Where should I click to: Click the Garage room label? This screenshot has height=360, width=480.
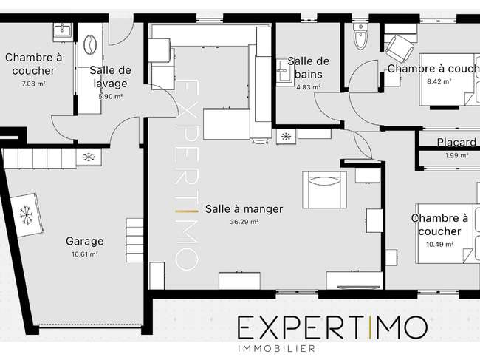pyautogui.click(x=84, y=242)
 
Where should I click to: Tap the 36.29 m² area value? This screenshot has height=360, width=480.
pyautogui.click(x=244, y=222)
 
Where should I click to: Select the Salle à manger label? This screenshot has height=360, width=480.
pyautogui.click(x=244, y=209)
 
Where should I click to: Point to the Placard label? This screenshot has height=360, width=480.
pyautogui.click(x=456, y=143)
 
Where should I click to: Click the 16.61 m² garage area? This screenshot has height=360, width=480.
pyautogui.click(x=85, y=254)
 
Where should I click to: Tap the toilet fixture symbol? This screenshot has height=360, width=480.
pyautogui.click(x=360, y=36)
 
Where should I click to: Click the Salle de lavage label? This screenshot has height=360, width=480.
pyautogui.click(x=110, y=77)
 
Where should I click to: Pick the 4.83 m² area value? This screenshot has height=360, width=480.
pyautogui.click(x=308, y=87)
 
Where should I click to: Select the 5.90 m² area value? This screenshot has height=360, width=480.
pyautogui.click(x=111, y=97)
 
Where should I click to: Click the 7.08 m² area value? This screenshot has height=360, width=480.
pyautogui.click(x=34, y=84)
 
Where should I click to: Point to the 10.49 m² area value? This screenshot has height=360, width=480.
pyautogui.click(x=440, y=245)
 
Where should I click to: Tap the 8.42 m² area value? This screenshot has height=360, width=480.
pyautogui.click(x=439, y=81)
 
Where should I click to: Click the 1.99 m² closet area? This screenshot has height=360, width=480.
pyautogui.click(x=456, y=156)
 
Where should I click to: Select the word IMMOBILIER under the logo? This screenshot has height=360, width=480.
pyautogui.click(x=276, y=348)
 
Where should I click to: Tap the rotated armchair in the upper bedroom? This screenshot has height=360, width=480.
pyautogui.click(x=400, y=48)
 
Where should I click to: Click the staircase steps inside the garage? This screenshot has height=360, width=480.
pyautogui.click(x=134, y=240)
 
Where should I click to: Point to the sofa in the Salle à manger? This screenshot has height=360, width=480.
pyautogui.click(x=324, y=190)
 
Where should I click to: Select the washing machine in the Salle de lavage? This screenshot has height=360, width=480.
pyautogui.click(x=90, y=45)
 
